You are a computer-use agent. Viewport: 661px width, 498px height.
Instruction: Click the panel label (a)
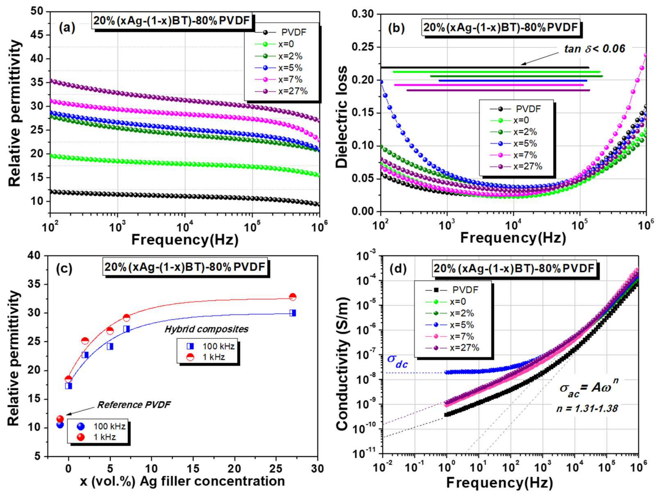pyautogui.click(x=67, y=28)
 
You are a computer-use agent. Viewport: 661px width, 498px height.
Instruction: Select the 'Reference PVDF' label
pyautogui.click(x=134, y=405)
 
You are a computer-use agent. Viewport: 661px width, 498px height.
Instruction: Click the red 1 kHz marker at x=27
pyautogui.click(x=293, y=297)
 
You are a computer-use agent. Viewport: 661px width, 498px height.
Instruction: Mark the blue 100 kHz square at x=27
pyautogui.click(x=293, y=313)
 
